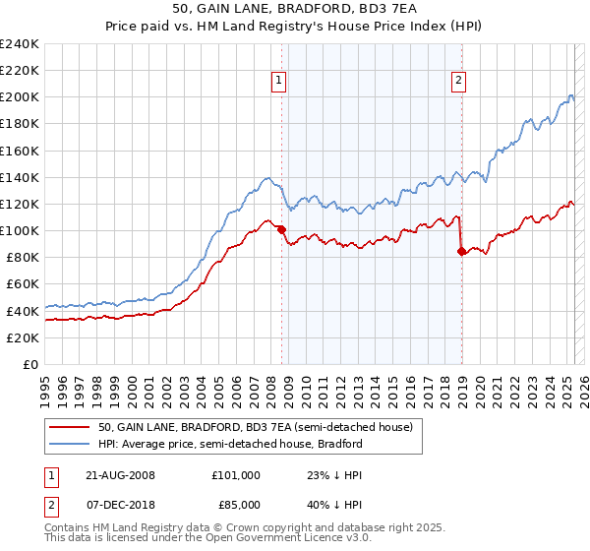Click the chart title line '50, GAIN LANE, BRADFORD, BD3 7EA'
point(295,10)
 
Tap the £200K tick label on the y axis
point(20,97)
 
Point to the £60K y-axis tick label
point(23,284)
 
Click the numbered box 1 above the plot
point(280,82)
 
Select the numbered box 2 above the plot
point(459,82)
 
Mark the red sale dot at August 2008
point(281,230)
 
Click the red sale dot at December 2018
point(461,251)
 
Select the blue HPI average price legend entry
point(230,444)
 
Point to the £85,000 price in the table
point(234,506)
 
